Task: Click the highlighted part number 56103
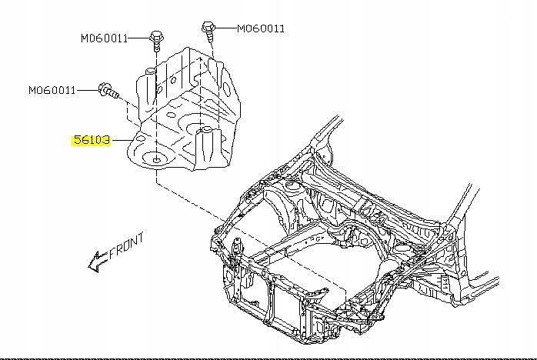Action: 92,140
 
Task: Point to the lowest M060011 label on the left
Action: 52,90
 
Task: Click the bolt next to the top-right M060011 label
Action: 208,30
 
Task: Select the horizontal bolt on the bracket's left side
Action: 107,92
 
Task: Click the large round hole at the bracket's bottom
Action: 157,160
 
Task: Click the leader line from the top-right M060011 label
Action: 225,28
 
